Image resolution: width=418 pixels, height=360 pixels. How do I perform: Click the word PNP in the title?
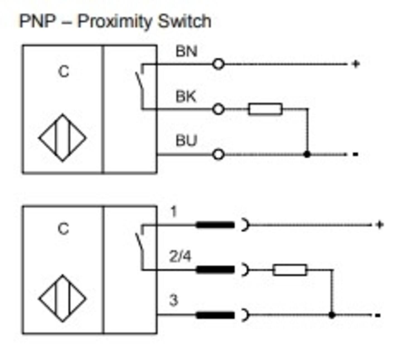(x=37, y=21)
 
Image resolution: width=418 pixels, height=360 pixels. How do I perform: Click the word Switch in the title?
(x=184, y=21)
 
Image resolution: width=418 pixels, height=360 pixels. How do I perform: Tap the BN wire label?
(x=186, y=51)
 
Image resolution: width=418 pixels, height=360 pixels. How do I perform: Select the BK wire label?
(x=186, y=96)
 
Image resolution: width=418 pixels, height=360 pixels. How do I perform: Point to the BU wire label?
(x=186, y=141)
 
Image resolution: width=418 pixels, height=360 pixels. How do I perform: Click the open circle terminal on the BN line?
(x=218, y=64)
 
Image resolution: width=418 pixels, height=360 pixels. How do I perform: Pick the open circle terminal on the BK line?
(x=218, y=109)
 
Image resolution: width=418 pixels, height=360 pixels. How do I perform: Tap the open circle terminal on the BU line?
(x=218, y=154)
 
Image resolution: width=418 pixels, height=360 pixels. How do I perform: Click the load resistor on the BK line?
(x=265, y=109)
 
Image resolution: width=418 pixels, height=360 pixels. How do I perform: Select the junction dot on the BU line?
(x=307, y=154)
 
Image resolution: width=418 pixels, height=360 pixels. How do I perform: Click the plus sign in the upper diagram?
(x=356, y=64)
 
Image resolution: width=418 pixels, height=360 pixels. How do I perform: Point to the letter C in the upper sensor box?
(x=64, y=72)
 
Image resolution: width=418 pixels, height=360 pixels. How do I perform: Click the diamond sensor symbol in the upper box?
(x=62, y=138)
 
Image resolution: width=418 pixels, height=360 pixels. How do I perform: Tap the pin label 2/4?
(x=180, y=256)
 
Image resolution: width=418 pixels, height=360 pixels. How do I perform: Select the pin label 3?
(x=173, y=300)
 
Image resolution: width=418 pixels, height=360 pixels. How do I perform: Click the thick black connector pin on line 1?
(x=215, y=225)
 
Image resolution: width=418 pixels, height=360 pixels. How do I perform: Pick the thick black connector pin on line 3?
(x=215, y=315)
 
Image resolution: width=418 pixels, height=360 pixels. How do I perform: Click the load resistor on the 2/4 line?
(x=290, y=270)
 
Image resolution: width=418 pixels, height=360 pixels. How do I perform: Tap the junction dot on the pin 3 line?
(x=332, y=315)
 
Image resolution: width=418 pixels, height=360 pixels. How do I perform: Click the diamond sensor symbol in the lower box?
(x=62, y=298)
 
